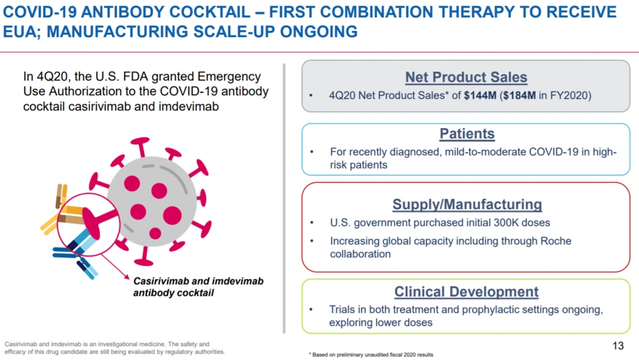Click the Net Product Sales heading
coord(466,77)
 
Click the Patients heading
coord(466,134)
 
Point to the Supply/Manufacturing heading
coord(466,205)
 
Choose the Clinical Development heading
coord(466,292)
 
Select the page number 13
coord(618,346)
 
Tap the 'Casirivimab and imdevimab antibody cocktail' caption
coord(198,287)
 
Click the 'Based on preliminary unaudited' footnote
coord(371,354)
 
